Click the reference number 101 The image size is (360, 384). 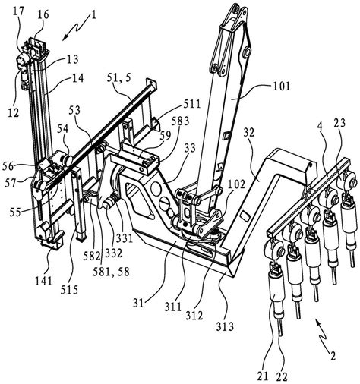[281, 87]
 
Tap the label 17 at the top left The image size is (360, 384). [19, 11]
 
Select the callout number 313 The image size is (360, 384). [225, 327]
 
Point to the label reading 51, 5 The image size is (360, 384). [118, 78]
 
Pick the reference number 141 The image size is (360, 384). [44, 281]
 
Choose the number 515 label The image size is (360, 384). [69, 290]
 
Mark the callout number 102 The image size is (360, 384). [237, 184]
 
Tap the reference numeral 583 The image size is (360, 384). [181, 121]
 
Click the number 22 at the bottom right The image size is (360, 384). [282, 377]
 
